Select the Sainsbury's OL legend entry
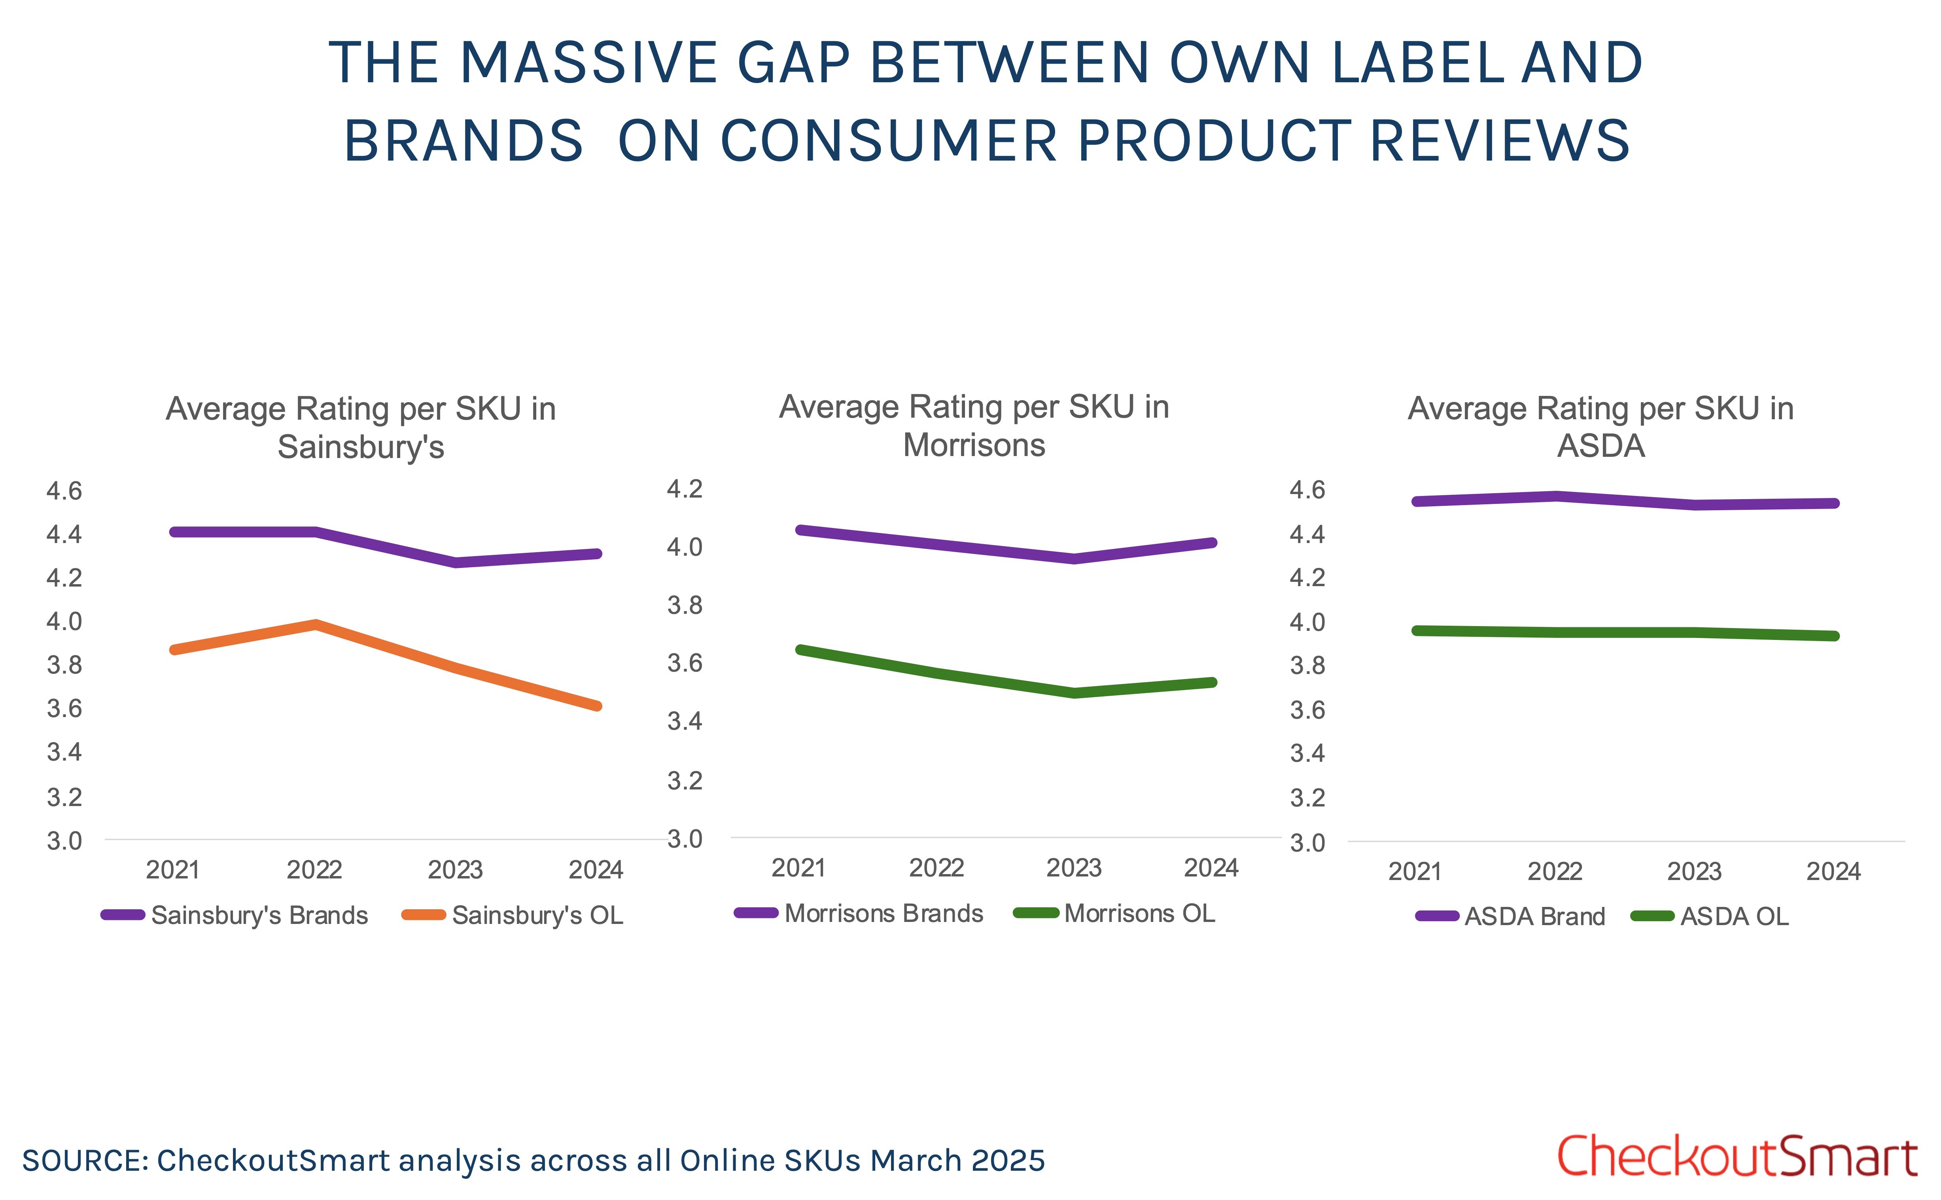tap(513, 915)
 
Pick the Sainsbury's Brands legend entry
tap(235, 915)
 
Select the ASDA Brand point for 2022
tap(1555, 496)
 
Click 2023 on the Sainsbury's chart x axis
tap(456, 870)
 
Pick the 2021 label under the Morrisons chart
tap(798, 867)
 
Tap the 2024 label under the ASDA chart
tap(1833, 871)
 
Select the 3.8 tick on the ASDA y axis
tap(1307, 665)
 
